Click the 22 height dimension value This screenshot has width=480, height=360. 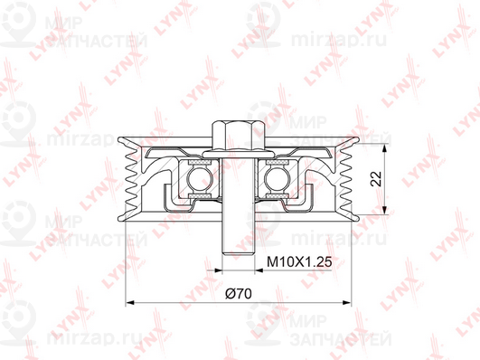tap(376, 178)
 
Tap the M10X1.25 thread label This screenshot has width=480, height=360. tap(299, 262)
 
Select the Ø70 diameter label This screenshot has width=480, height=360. tap(239, 294)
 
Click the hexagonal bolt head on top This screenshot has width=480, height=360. tap(238, 136)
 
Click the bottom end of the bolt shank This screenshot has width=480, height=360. tap(238, 252)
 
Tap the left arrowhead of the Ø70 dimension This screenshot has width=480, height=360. tap(130, 303)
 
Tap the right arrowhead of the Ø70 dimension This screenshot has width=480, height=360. tap(347, 303)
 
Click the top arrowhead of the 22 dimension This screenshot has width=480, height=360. tap(385, 148)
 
